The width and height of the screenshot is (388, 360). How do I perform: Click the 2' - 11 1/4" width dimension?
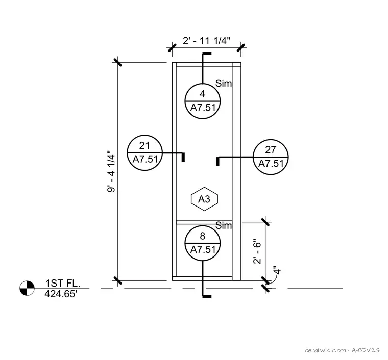(207, 41)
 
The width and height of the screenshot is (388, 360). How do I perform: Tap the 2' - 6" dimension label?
(257, 251)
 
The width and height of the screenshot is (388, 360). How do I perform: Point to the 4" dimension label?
(277, 270)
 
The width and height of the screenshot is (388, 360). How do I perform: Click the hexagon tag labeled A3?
(204, 199)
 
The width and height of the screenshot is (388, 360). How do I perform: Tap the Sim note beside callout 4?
(224, 83)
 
